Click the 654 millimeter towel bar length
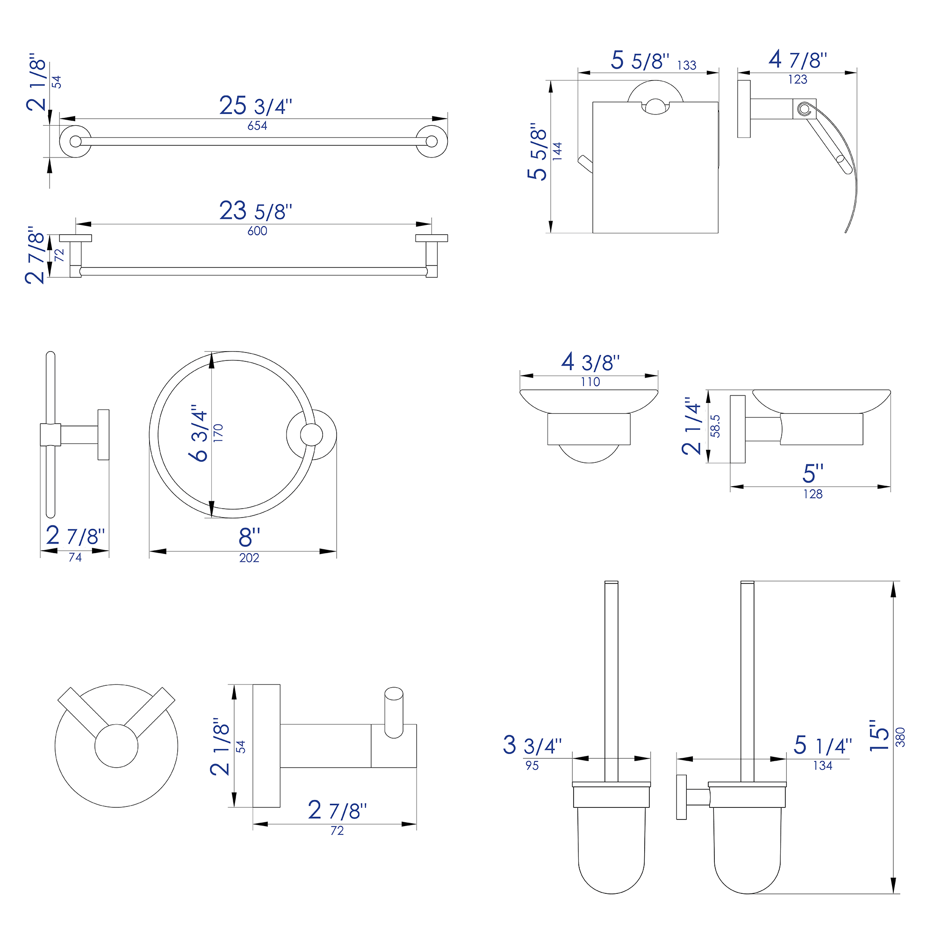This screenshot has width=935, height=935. click(257, 126)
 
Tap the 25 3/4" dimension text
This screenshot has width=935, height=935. click(256, 106)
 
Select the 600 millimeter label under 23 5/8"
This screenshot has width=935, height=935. click(257, 231)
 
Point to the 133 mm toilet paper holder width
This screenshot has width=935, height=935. click(686, 65)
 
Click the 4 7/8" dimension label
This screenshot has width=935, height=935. click(798, 60)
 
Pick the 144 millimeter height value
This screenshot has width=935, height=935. click(558, 151)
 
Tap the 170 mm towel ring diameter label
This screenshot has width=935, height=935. click(218, 432)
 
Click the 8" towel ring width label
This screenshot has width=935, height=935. click(249, 537)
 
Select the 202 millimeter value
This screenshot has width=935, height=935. click(249, 558)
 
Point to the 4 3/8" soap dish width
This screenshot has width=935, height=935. click(590, 362)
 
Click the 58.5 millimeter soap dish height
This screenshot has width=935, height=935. click(715, 426)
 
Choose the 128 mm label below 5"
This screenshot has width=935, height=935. click(813, 494)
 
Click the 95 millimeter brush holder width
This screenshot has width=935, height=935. click(532, 766)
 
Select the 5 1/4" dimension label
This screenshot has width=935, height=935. click(823, 745)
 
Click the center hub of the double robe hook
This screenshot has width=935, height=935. click(116, 746)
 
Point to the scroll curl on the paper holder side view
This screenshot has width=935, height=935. click(804, 109)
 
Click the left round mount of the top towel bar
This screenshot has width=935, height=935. click(75, 141)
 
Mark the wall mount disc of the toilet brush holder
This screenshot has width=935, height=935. click(682, 797)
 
